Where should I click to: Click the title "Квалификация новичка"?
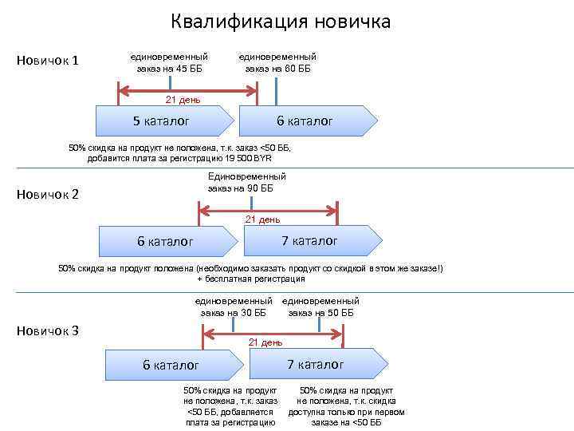pyautogui.click(x=281, y=21)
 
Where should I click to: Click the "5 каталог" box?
pyautogui.click(x=165, y=121)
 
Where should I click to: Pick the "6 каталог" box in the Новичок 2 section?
pyautogui.click(x=169, y=240)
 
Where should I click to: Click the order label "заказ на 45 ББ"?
pyautogui.click(x=169, y=69)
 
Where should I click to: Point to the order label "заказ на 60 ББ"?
pyautogui.click(x=277, y=69)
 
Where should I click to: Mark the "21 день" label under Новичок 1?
pyautogui.click(x=183, y=100)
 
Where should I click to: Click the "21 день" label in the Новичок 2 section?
pyautogui.click(x=262, y=219)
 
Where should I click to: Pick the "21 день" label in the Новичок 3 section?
pyautogui.click(x=265, y=342)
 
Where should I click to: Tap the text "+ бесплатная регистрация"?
pyautogui.click(x=250, y=279)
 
